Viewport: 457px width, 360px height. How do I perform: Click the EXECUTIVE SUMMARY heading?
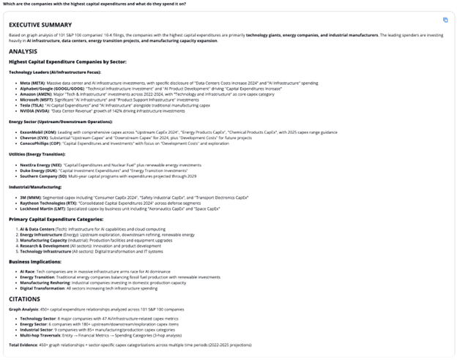click(42, 24)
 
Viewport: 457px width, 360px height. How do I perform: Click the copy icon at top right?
click(445, 20)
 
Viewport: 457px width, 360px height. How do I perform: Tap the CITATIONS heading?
click(26, 299)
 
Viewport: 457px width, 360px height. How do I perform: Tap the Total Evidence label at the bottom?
click(24, 344)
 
